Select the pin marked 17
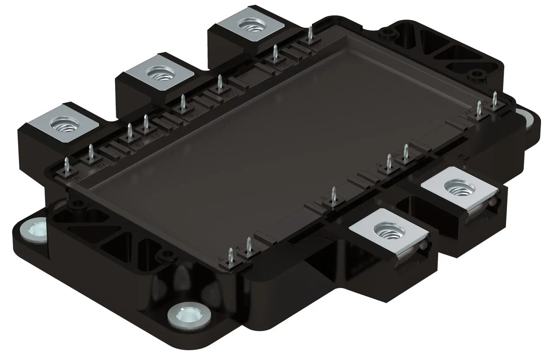pos(146,124)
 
